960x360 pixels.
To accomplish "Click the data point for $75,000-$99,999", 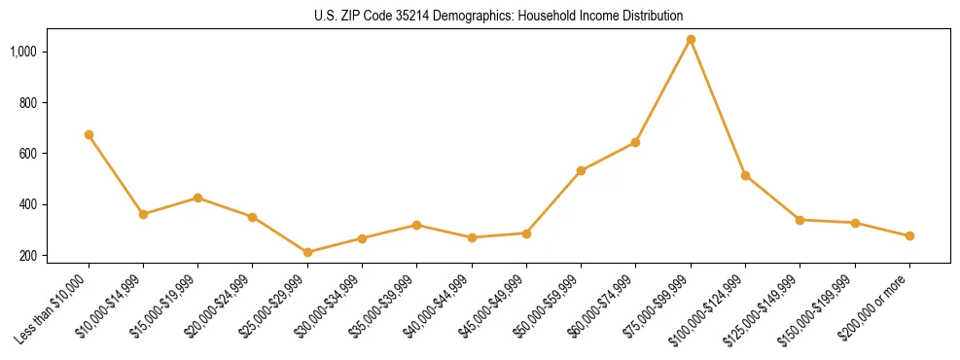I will pyautogui.click(x=691, y=40).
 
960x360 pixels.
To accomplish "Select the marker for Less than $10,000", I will pyautogui.click(x=89, y=134).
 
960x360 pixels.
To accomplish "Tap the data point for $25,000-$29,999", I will pyautogui.click(x=307, y=252).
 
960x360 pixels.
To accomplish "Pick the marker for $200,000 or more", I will pyautogui.click(x=909, y=235).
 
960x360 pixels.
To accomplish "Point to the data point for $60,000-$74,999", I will pyautogui.click(x=635, y=142).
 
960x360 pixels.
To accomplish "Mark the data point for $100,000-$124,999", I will pyautogui.click(x=745, y=175).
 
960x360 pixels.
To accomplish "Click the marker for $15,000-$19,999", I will pyautogui.click(x=197, y=198).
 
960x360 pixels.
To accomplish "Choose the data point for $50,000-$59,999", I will pyautogui.click(x=581, y=170).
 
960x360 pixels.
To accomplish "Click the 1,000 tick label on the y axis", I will pyautogui.click(x=23, y=52).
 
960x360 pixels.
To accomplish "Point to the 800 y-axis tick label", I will pyautogui.click(x=27, y=102).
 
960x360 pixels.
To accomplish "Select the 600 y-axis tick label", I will pyautogui.click(x=27, y=154).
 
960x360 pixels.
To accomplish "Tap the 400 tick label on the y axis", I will pyautogui.click(x=27, y=204).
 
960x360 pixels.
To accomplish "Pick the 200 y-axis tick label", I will pyautogui.click(x=27, y=256).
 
